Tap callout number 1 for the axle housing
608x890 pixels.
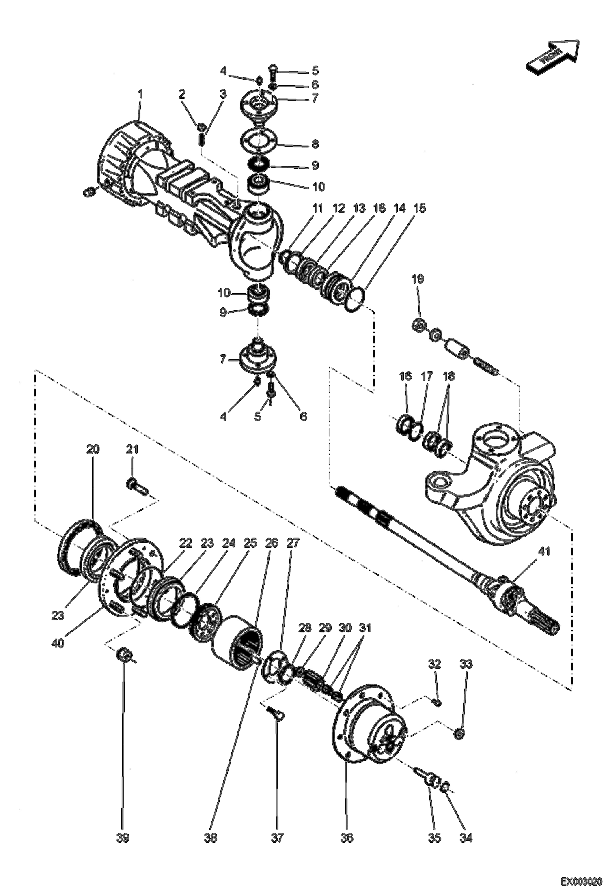point(140,94)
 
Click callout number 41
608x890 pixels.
point(543,552)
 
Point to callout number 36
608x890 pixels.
point(347,837)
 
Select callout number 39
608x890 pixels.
point(123,837)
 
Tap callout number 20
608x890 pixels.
point(93,449)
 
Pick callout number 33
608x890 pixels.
point(466,664)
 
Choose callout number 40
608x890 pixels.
point(58,643)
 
